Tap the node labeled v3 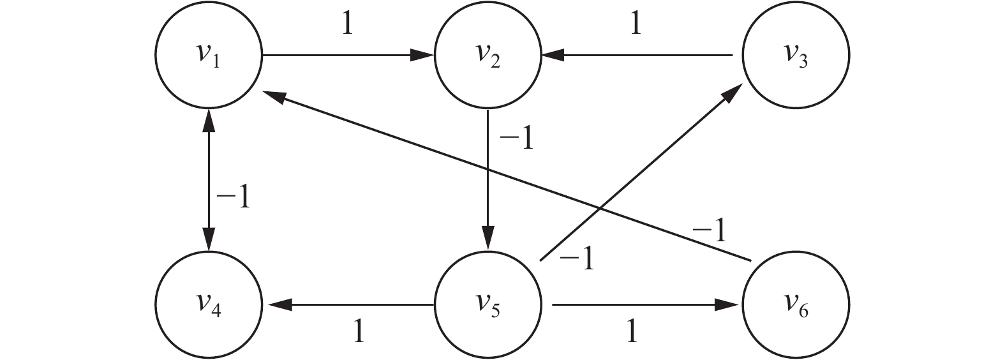click(795, 56)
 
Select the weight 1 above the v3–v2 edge click(635, 24)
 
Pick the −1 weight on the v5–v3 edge click(576, 260)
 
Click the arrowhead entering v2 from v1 click(423, 56)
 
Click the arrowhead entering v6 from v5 click(731, 306)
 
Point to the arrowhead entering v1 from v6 click(273, 95)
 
